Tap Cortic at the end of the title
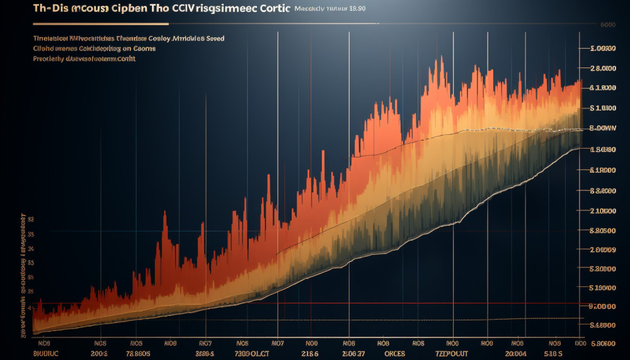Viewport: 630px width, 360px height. click(270, 9)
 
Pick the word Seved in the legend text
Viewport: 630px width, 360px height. click(213, 38)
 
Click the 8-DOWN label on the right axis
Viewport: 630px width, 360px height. click(602, 128)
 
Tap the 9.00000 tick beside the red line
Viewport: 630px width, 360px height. click(601, 306)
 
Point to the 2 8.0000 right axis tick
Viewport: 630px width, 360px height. click(602, 68)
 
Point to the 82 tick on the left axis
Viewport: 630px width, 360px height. click(30, 219)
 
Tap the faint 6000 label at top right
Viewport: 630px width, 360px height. click(607, 25)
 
